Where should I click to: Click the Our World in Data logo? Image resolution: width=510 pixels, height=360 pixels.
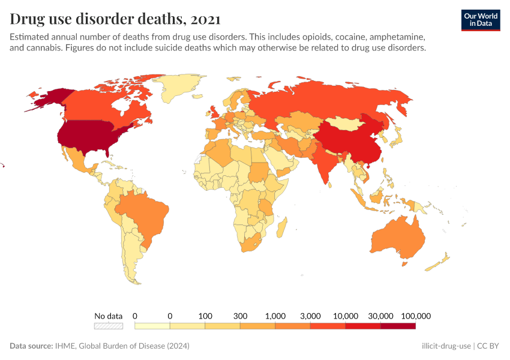[481, 20]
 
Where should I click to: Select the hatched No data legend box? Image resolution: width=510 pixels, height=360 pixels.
[108, 326]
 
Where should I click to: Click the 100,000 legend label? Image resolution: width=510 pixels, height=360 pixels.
[416, 316]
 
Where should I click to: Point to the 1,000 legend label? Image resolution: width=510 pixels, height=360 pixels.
[275, 316]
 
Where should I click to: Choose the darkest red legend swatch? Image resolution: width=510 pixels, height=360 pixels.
[398, 326]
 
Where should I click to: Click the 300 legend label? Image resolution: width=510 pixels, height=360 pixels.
[240, 316]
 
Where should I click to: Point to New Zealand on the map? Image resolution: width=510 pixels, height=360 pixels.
[442, 260]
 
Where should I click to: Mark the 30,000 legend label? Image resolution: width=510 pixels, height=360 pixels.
[380, 316]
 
